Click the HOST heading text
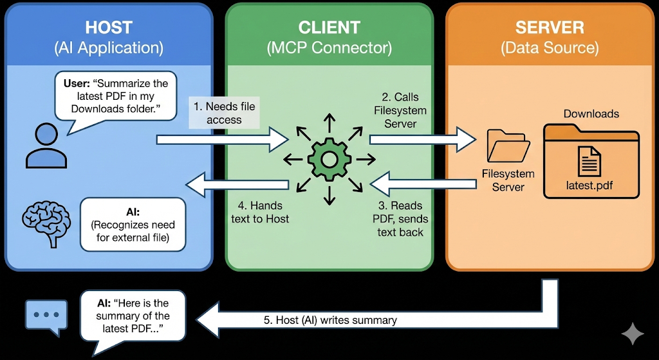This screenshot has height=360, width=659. point(108,28)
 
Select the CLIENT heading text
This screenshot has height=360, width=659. point(329,28)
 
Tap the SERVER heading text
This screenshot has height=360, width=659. point(550,28)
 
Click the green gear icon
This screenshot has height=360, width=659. point(329,157)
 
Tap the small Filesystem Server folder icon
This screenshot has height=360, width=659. point(508,146)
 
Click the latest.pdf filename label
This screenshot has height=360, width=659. point(589,185)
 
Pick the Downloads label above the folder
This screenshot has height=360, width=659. point(591,114)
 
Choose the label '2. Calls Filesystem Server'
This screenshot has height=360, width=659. point(400,110)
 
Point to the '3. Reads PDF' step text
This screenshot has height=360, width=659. point(400,218)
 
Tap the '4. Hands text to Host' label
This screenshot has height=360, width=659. point(260,212)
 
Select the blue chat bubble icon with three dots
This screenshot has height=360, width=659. point(45,316)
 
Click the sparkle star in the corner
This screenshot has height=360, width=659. point(633,334)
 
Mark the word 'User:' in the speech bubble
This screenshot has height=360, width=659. point(79,84)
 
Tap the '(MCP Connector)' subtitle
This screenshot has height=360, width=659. point(329,48)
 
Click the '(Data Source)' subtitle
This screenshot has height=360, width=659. point(550,48)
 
